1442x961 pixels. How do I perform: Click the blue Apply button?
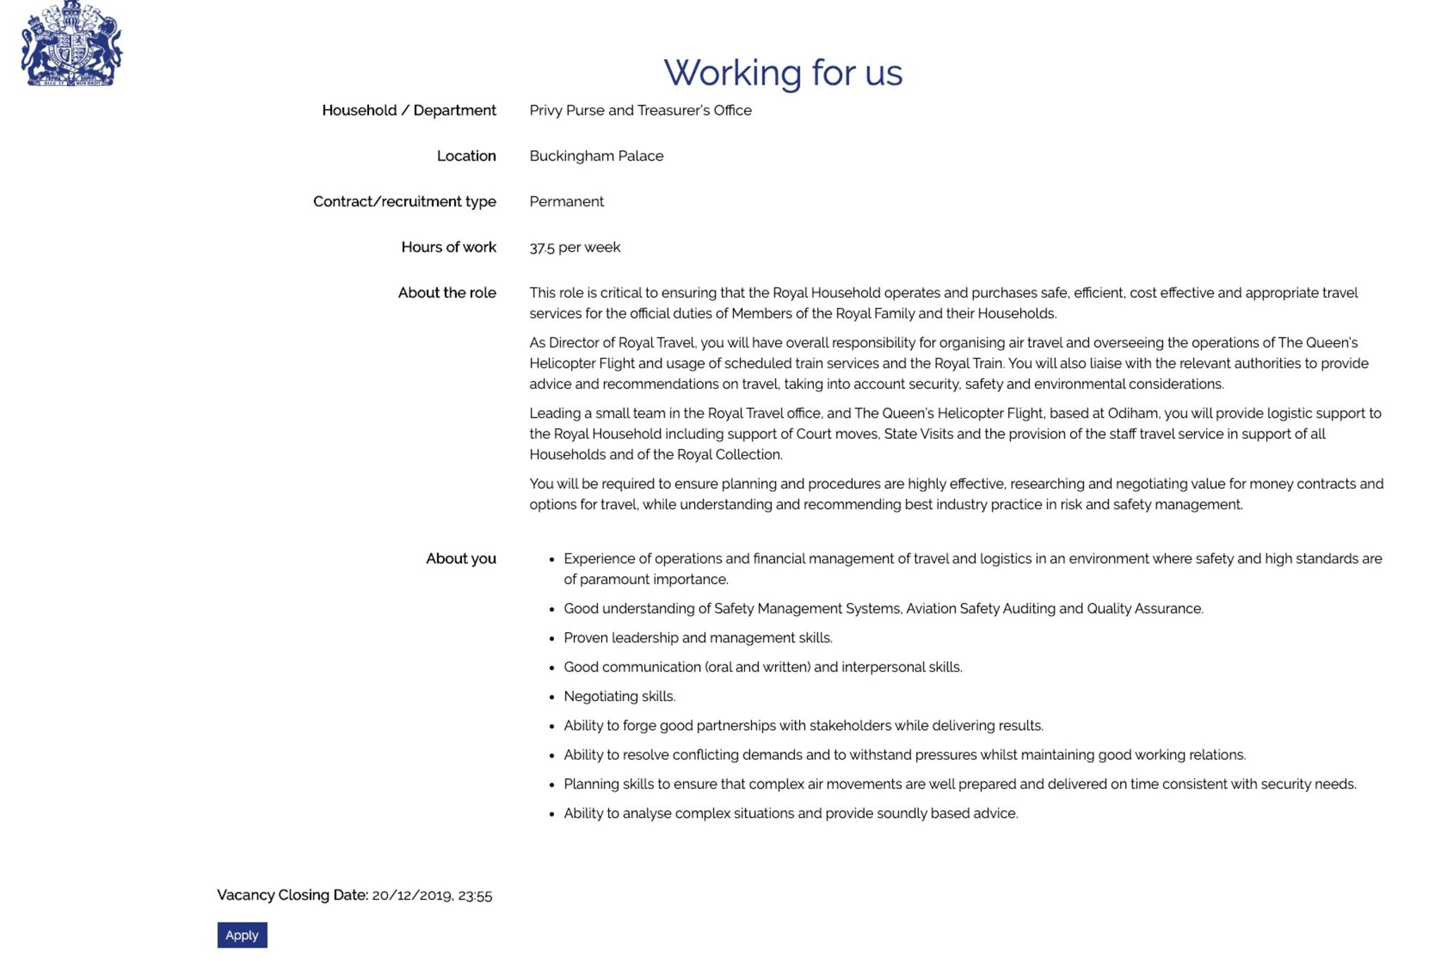(242, 935)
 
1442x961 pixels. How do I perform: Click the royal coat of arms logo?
(71, 44)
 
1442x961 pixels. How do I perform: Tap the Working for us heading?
(783, 73)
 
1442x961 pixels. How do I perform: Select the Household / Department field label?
(408, 111)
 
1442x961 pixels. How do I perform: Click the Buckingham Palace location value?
(596, 156)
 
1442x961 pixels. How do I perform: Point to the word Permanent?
(566, 201)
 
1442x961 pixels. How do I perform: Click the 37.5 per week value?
(575, 247)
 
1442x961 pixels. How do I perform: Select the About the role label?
(446, 293)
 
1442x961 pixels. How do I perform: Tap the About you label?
(460, 559)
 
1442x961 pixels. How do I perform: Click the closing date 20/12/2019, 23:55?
(432, 895)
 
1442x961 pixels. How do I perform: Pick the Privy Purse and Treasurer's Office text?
(640, 111)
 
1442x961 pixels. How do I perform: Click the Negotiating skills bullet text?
(619, 697)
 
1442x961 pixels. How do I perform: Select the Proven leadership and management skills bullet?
(698, 638)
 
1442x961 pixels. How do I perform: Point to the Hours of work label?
(449, 247)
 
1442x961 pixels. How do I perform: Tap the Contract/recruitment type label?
(404, 201)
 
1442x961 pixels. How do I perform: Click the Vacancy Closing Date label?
(292, 895)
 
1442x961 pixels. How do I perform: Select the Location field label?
(466, 156)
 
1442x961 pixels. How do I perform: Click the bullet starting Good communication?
(763, 667)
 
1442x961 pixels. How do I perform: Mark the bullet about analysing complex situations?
(790, 814)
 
